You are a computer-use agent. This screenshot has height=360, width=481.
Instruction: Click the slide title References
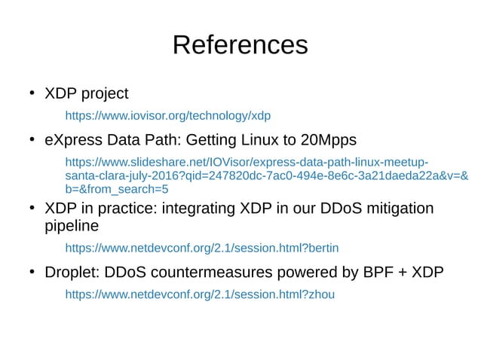[x=240, y=45]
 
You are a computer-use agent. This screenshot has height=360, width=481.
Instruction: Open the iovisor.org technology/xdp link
[x=167, y=116]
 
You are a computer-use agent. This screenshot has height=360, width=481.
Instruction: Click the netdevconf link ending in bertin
[x=202, y=247]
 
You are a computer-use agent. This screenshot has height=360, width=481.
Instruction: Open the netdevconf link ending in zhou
[x=200, y=294]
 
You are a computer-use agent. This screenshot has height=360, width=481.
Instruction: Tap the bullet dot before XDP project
[x=32, y=94]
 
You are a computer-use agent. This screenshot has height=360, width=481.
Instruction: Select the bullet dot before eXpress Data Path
[x=32, y=140]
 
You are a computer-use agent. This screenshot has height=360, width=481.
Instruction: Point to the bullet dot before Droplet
[x=32, y=272]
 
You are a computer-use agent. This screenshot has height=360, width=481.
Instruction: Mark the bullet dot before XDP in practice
[x=32, y=207]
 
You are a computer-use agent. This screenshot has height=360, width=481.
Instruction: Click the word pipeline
[x=72, y=226]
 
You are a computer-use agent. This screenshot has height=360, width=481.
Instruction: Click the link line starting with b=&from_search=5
[x=117, y=189]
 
